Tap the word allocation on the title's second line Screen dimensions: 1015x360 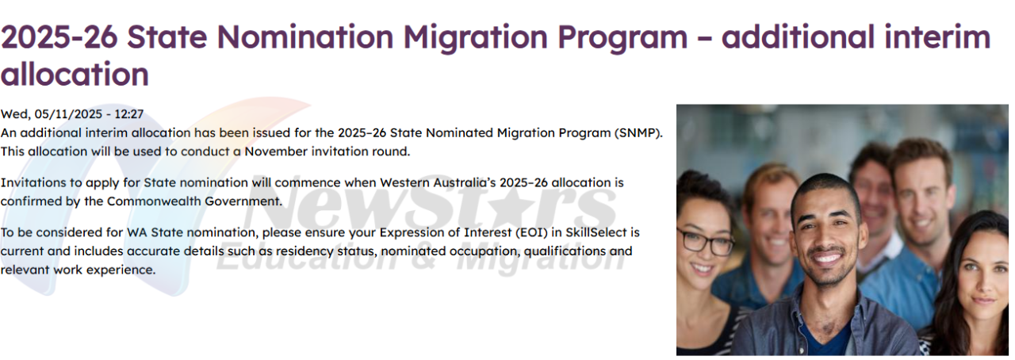tap(75, 74)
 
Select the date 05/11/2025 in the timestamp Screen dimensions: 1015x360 tap(68, 114)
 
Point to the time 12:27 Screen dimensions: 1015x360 tap(128, 114)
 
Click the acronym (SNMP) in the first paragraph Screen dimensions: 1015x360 tap(639, 133)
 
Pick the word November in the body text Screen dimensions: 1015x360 tap(276, 151)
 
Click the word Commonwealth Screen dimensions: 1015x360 tap(154, 201)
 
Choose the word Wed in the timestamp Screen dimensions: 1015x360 tap(14, 114)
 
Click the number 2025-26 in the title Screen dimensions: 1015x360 tap(59, 37)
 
